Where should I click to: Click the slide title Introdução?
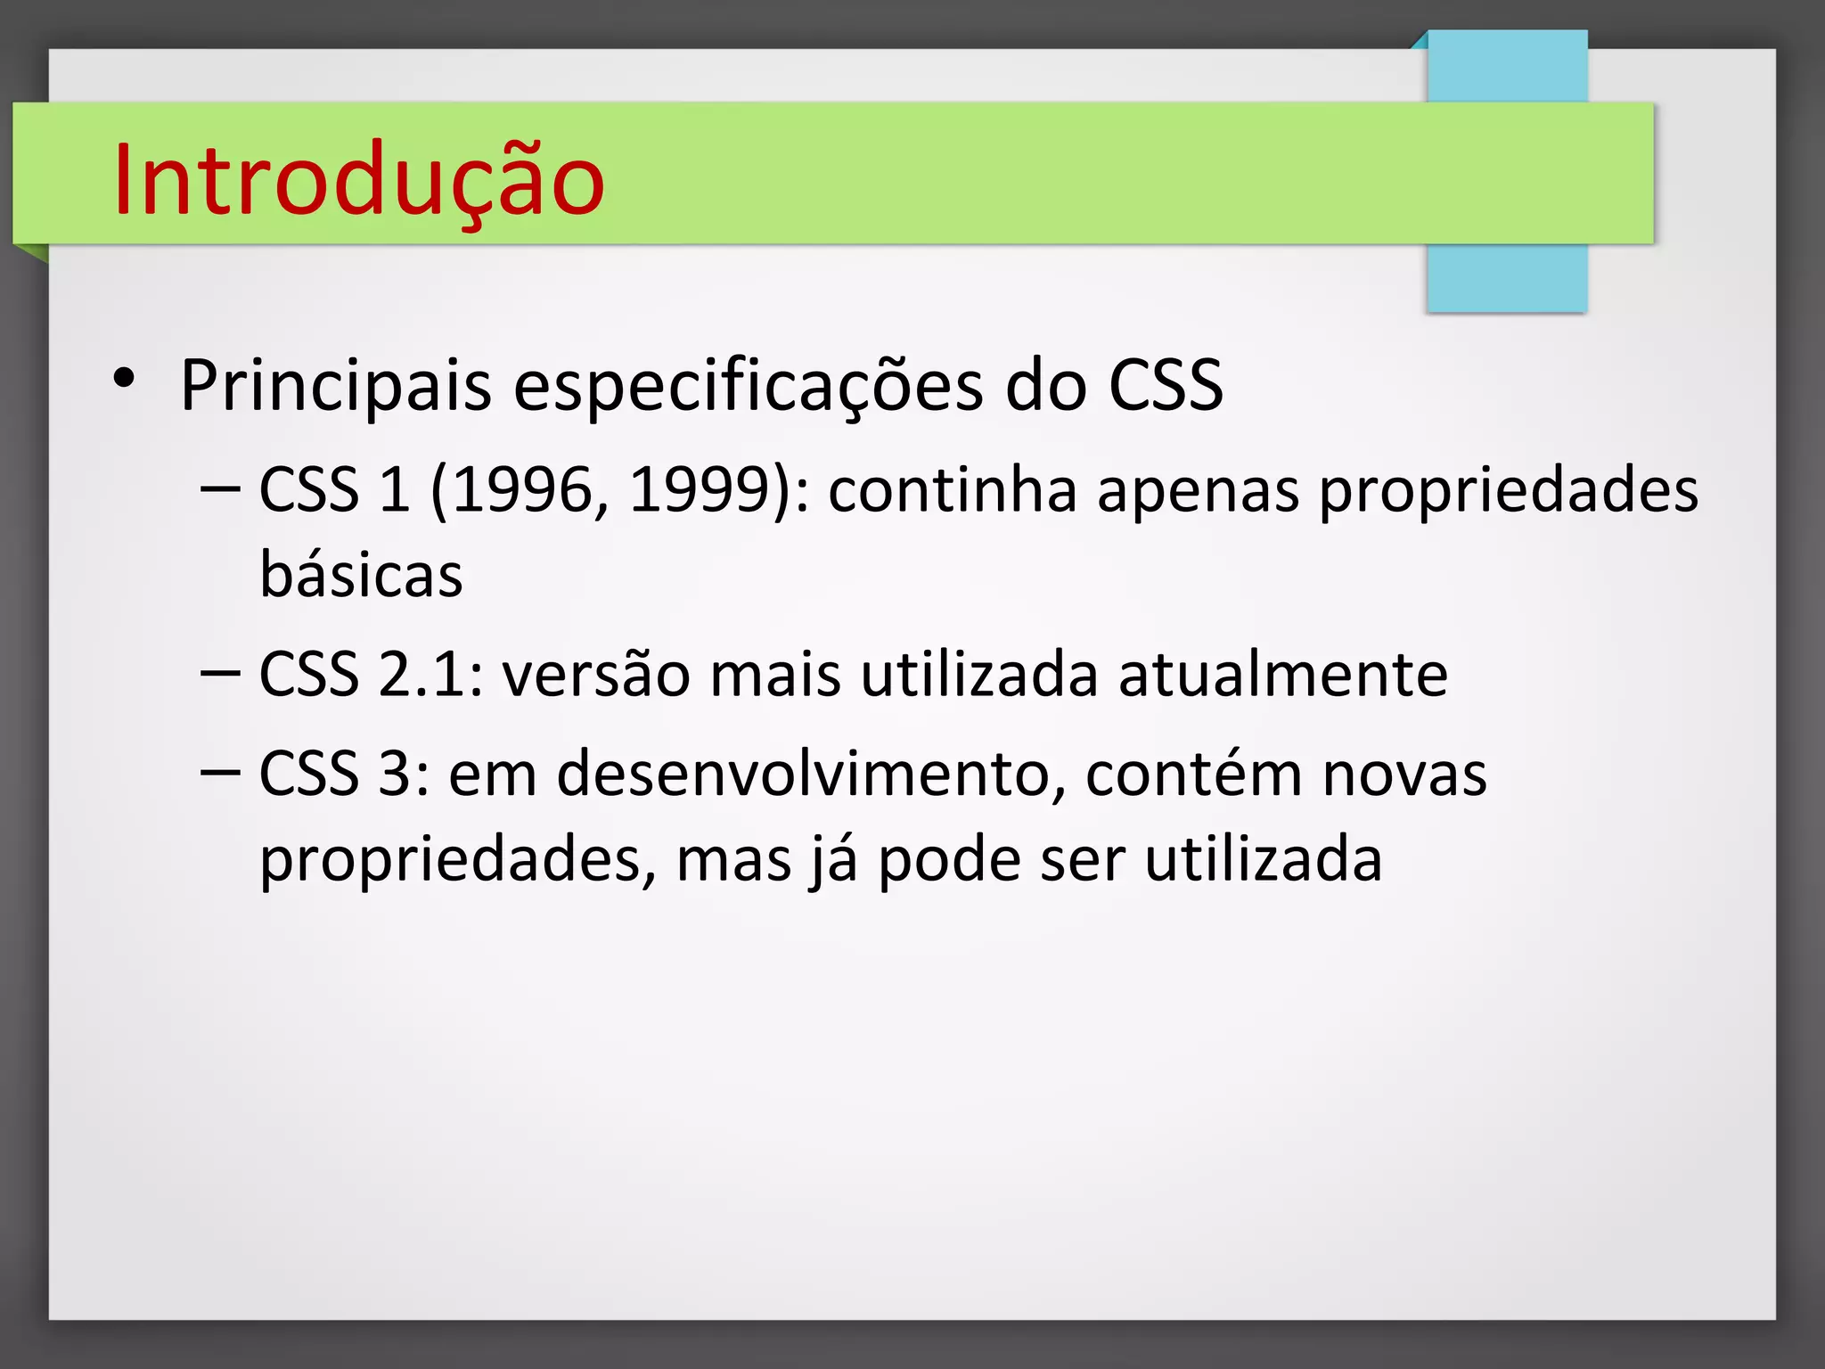click(359, 182)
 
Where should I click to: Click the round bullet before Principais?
click(124, 379)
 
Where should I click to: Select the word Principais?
click(336, 386)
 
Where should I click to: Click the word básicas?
click(361, 574)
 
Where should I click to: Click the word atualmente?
click(1283, 674)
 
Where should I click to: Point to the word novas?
click(1404, 775)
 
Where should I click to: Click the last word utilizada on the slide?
click(1263, 859)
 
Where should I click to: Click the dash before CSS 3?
click(220, 770)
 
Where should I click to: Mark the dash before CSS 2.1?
click(220, 671)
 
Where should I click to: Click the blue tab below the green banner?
click(1507, 277)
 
